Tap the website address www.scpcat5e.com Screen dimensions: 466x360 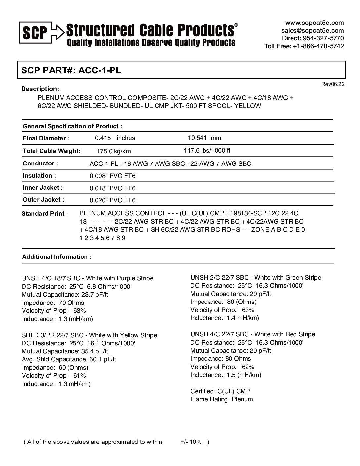click(x=314, y=23)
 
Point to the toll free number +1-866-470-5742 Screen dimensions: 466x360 click(x=304, y=46)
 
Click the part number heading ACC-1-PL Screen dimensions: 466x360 click(x=71, y=70)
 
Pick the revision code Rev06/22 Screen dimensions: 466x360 click(x=333, y=84)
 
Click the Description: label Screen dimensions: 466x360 click(x=40, y=89)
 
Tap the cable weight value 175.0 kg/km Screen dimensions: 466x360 click(x=113, y=151)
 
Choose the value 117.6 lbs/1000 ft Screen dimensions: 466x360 click(x=207, y=151)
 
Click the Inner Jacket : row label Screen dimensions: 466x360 click(x=42, y=188)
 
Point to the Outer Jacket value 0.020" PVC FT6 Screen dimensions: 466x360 click(x=112, y=200)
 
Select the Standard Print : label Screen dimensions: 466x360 click(x=44, y=214)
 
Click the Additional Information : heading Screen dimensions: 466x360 click(x=56, y=257)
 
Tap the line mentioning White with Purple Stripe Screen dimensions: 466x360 click(x=88, y=278)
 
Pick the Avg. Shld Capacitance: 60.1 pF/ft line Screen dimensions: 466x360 click(x=69, y=359)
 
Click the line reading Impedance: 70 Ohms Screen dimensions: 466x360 click(x=53, y=303)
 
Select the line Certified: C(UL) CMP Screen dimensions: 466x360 click(x=220, y=391)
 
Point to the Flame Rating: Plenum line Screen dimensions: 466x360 click(x=221, y=399)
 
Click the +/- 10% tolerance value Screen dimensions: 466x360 click(x=191, y=442)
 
